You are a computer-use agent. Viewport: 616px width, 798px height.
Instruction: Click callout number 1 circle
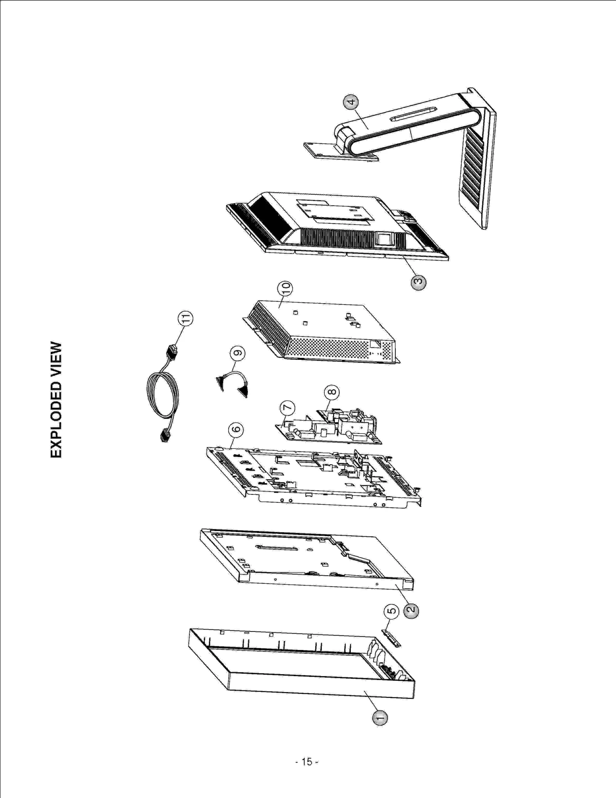(380, 717)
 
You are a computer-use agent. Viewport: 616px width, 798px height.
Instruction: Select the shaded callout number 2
(411, 610)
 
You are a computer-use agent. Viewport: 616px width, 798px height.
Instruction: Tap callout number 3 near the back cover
(418, 282)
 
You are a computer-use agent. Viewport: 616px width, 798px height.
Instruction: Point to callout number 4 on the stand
(351, 102)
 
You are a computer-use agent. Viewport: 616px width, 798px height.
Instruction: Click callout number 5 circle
(392, 611)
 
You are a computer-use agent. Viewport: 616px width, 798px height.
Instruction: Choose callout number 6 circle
(236, 429)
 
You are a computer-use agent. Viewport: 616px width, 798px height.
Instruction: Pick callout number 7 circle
(287, 408)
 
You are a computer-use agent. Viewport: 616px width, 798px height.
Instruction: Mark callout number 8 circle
(332, 392)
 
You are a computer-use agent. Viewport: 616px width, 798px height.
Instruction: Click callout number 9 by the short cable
(238, 353)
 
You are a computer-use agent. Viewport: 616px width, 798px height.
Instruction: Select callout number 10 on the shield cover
(285, 288)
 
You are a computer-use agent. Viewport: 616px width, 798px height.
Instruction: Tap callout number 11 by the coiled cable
(186, 319)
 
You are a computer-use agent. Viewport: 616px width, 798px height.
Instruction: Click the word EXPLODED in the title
(56, 420)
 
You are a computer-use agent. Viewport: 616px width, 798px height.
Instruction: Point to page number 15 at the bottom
(307, 762)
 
